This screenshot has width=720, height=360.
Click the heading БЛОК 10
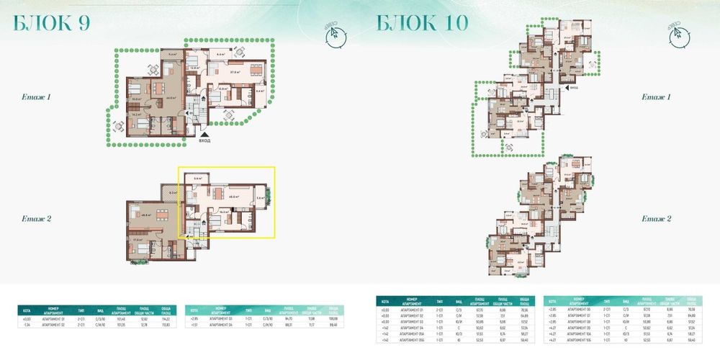click(423, 23)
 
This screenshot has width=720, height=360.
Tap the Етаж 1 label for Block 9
click(35, 96)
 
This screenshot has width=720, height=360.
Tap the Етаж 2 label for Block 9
click(35, 218)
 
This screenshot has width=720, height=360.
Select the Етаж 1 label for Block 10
click(657, 96)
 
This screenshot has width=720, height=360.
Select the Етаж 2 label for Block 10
click(657, 218)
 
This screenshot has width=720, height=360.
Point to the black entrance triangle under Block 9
click(205, 134)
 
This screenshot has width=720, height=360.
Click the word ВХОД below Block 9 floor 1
click(205, 142)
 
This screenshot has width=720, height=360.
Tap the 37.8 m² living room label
click(235, 72)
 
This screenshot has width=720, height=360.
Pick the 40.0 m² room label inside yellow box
click(234, 194)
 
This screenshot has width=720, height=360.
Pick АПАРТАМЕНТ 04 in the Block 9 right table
click(223, 324)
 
